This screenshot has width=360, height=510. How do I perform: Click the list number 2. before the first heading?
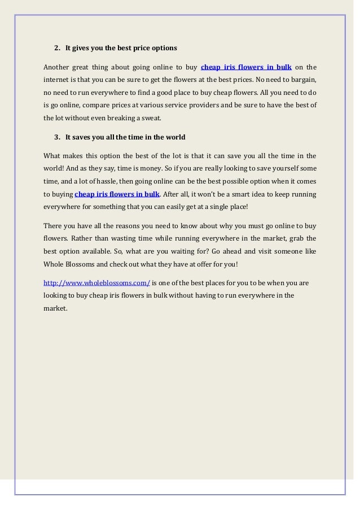(57, 48)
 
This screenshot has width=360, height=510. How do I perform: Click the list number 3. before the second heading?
(57, 137)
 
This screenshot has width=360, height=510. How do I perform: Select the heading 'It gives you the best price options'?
(121, 48)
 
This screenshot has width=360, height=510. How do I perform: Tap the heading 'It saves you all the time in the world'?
(125, 137)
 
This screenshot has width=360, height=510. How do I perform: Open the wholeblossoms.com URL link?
(96, 282)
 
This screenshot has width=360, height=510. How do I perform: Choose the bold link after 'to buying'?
(117, 194)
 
